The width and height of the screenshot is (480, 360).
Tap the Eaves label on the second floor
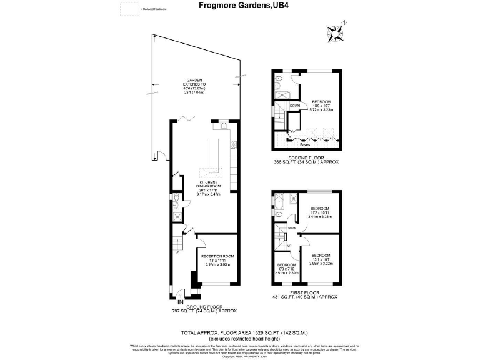pyautogui.click(x=305, y=144)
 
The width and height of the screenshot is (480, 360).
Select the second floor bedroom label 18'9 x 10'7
pyautogui.click(x=321, y=106)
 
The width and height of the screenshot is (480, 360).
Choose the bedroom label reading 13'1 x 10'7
pyautogui.click(x=321, y=259)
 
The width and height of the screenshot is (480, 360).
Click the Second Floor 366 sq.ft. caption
pyautogui.click(x=306, y=159)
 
